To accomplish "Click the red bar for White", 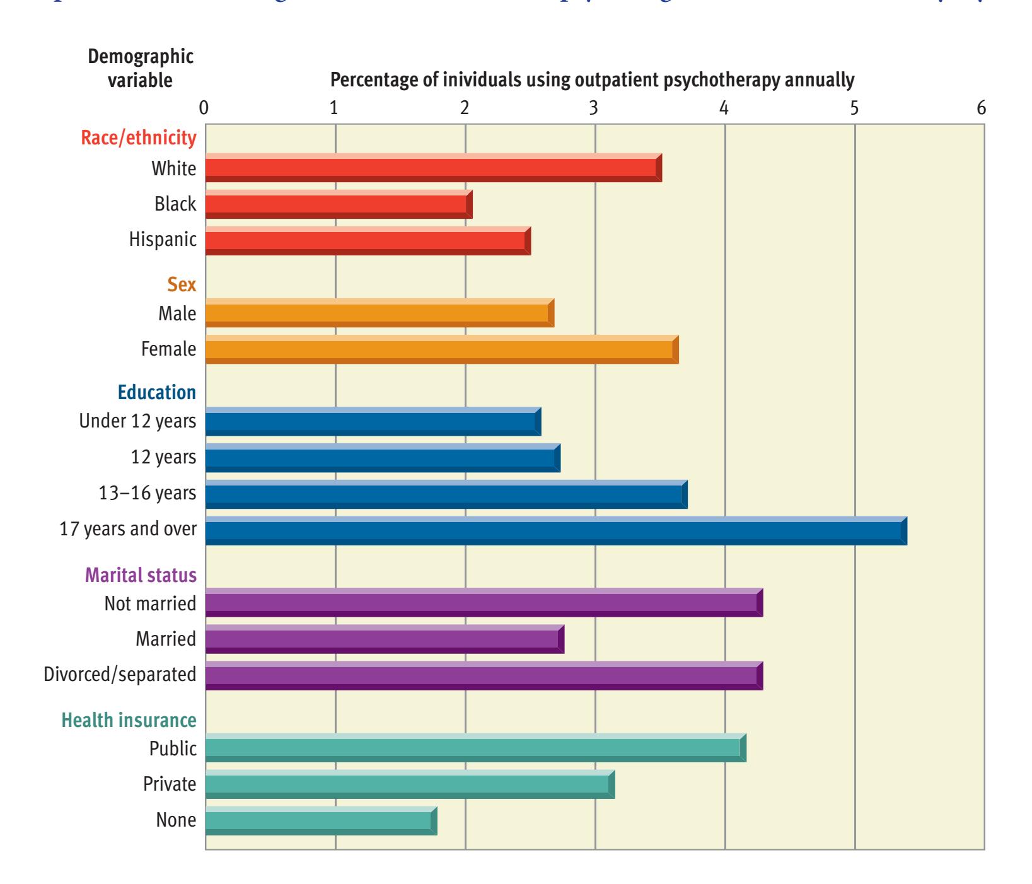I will click(x=433, y=168).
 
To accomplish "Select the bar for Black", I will click(x=339, y=204).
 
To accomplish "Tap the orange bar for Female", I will click(x=441, y=349).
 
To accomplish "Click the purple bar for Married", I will click(x=384, y=639).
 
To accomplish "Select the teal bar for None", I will click(x=321, y=820).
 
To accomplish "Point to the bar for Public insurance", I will click(x=475, y=748).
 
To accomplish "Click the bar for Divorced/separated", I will click(x=484, y=675).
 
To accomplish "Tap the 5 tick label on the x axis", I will click(x=854, y=108).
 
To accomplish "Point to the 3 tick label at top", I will click(x=593, y=108).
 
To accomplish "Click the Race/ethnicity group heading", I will click(x=139, y=138).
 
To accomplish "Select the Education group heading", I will click(x=156, y=392).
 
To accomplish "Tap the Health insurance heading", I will click(x=129, y=719).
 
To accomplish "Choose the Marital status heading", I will click(x=140, y=575).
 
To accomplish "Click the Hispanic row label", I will click(x=163, y=240).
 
